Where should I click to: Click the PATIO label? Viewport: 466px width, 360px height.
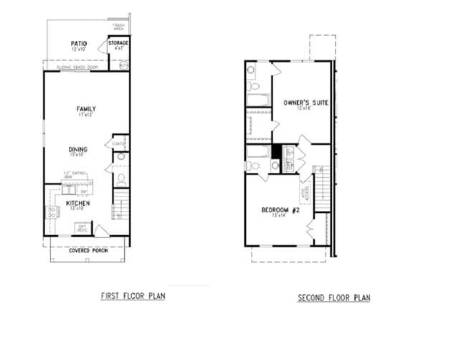point(79,43)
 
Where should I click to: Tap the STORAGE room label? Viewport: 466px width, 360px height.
point(118,43)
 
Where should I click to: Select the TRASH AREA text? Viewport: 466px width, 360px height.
point(119,28)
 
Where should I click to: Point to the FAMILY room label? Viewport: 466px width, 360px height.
point(87,109)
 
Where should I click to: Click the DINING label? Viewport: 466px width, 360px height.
point(78,150)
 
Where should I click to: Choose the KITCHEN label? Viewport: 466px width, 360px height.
point(78,204)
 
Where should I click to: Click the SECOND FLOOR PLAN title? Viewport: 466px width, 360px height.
point(335,298)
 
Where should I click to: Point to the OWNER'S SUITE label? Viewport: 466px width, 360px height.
point(305,103)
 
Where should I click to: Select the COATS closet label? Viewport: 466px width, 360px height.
point(119,143)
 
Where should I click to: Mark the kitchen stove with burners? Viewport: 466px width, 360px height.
point(52,212)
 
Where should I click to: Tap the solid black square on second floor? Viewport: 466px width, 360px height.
point(277,152)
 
